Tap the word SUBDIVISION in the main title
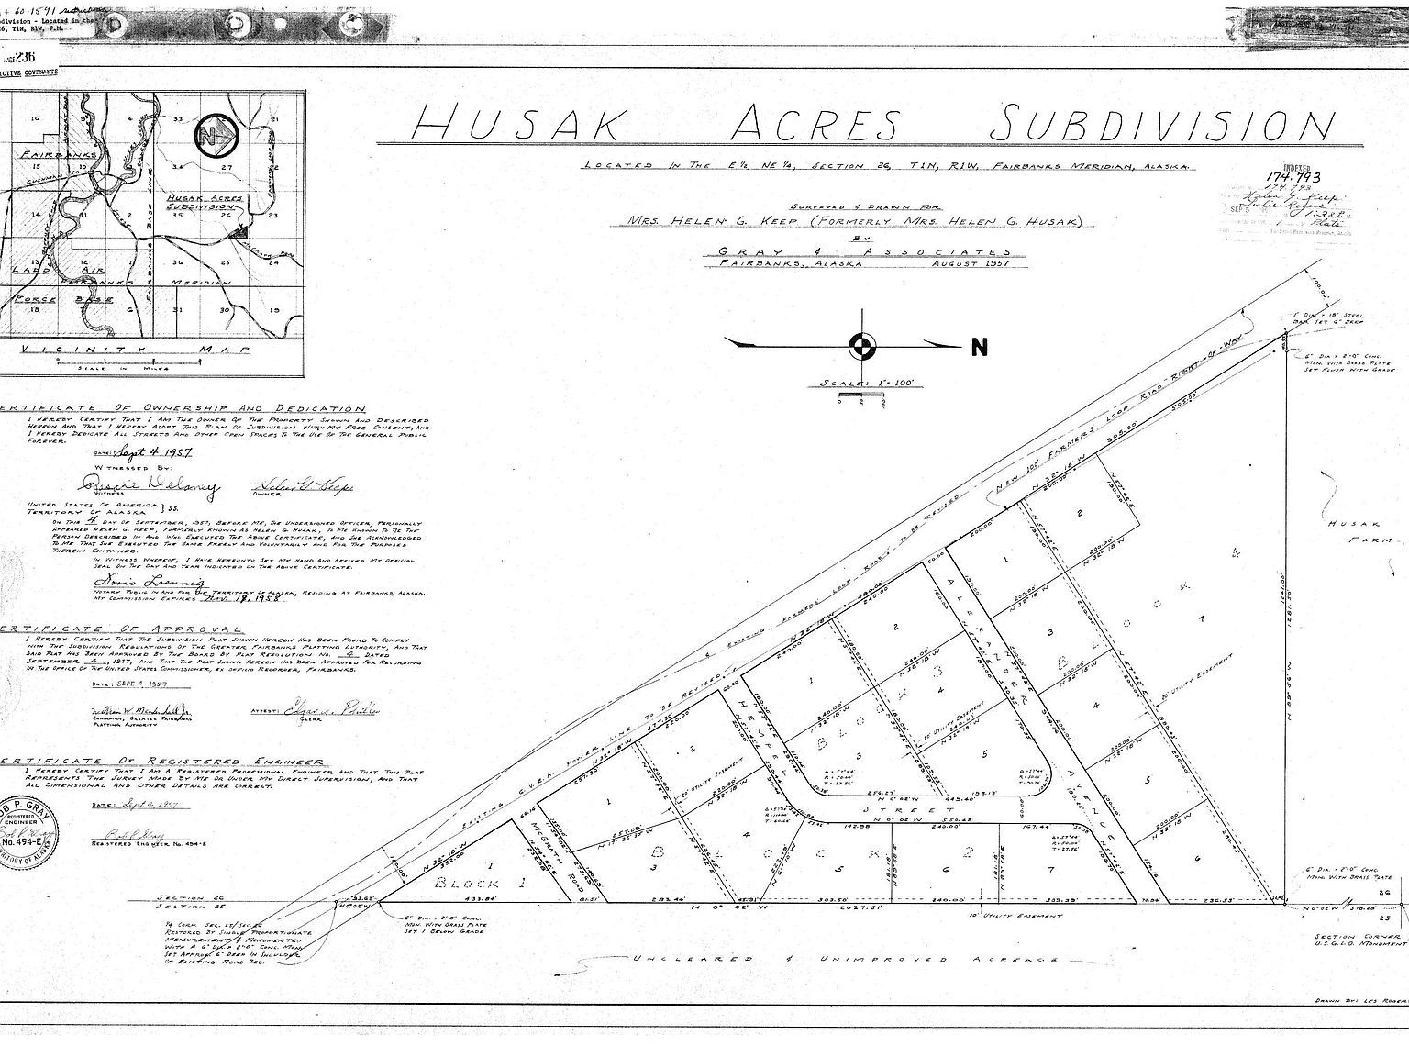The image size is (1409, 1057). point(1165,123)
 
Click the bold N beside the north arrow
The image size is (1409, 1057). point(980,347)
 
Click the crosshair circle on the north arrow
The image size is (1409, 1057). point(862,346)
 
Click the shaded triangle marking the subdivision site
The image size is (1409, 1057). point(239,233)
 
